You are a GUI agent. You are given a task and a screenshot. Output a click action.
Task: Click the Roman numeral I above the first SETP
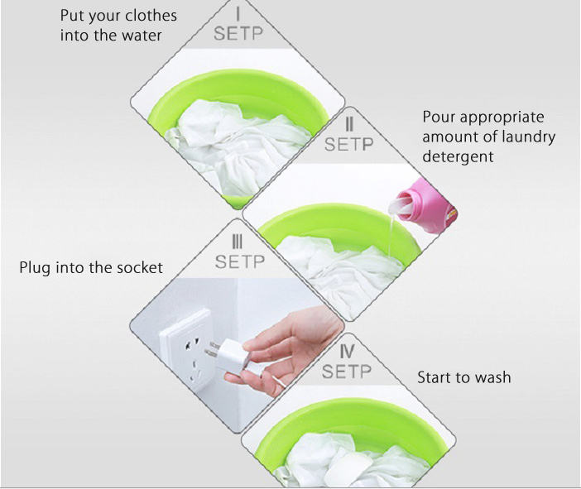pos(238,14)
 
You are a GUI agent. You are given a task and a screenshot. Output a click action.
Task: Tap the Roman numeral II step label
pos(348,124)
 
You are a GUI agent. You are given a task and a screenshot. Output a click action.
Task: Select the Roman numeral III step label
pos(237,242)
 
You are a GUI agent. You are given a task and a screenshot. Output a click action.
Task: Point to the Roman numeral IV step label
pos(347,351)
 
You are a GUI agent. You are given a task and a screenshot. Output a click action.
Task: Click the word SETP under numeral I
pos(238,33)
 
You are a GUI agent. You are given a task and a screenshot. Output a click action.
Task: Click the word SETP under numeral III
pos(240,262)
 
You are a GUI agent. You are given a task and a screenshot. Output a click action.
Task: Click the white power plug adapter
pos(227,356)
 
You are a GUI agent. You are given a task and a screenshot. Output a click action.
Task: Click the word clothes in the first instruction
pos(151,16)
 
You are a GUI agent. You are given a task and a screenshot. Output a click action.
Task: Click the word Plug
pos(36,268)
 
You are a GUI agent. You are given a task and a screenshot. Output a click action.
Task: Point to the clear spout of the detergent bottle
pos(401,206)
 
